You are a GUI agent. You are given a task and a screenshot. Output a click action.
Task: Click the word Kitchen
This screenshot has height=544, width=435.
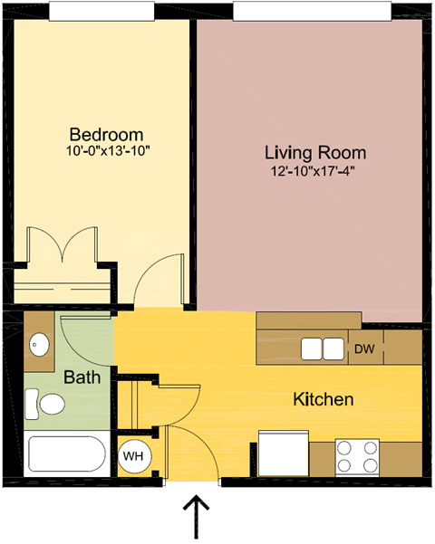323,399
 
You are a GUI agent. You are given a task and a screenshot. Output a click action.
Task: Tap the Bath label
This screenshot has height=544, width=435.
82,377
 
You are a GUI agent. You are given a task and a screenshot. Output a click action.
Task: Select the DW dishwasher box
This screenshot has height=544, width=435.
365,348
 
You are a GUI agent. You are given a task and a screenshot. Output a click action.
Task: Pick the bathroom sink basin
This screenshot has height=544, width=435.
40,345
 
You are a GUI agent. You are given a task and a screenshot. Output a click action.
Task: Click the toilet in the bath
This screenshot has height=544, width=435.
44,404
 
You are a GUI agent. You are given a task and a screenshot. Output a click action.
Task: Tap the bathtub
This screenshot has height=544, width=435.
67,457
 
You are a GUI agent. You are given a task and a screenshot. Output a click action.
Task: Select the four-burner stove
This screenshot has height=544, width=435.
356,456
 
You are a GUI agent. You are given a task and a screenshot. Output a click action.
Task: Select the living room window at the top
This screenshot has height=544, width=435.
312,11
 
